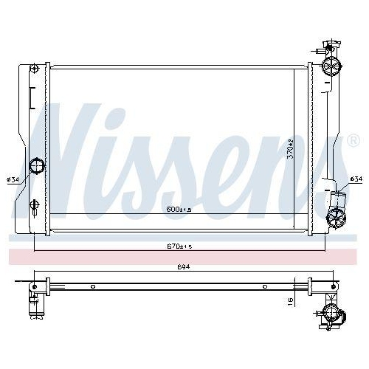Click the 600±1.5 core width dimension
(179, 210)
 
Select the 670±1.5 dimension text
(179, 246)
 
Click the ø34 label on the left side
(13, 179)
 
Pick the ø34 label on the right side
(356, 179)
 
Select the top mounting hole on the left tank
(34, 70)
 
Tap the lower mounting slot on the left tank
(34, 204)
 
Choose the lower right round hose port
(337, 217)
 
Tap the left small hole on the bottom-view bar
(92, 286)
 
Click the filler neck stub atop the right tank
(318, 51)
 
